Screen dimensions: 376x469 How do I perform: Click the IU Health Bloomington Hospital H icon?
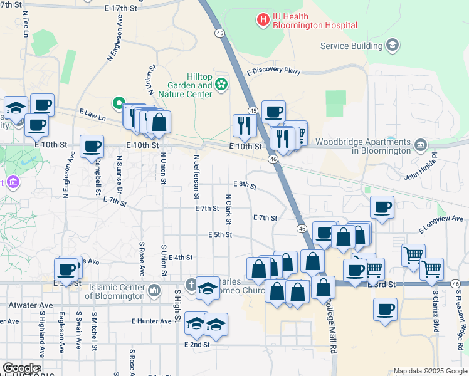click(263, 20)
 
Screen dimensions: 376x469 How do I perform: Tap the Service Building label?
click(351, 46)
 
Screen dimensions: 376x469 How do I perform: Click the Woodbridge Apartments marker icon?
click(421, 146)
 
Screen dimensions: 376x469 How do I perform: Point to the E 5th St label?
click(220, 235)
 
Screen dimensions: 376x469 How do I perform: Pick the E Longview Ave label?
click(443, 219)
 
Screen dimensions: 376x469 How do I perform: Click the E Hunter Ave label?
click(151, 321)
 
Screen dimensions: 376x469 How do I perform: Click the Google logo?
click(21, 368)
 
